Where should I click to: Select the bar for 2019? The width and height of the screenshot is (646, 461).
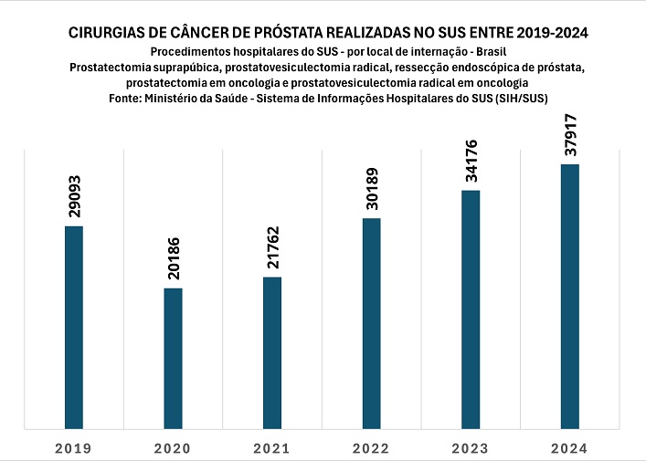click(74, 326)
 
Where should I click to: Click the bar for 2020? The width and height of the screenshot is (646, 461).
click(173, 357)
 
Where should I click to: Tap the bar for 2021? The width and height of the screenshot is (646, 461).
click(272, 351)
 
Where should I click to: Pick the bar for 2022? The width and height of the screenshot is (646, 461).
click(371, 322)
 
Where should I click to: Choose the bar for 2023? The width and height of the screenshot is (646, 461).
click(471, 309)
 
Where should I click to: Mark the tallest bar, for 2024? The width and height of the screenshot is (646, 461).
click(569, 295)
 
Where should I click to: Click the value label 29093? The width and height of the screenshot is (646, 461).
click(75, 196)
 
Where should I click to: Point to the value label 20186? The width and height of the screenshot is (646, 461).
click(174, 259)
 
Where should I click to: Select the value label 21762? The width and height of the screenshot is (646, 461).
click(273, 248)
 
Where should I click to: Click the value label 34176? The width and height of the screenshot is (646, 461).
click(471, 162)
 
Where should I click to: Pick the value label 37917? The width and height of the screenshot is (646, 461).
click(570, 135)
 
